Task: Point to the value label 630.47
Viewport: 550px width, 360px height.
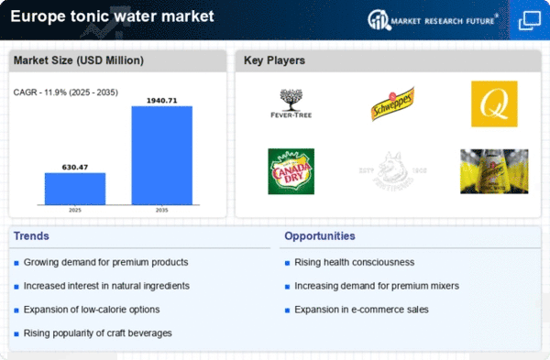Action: pos(75,167)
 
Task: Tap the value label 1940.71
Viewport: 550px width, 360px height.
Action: pos(161,99)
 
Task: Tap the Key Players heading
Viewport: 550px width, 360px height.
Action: pos(274,60)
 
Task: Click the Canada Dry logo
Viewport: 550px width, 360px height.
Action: pos(291,171)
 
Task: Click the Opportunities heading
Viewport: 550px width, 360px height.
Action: pos(320,236)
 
